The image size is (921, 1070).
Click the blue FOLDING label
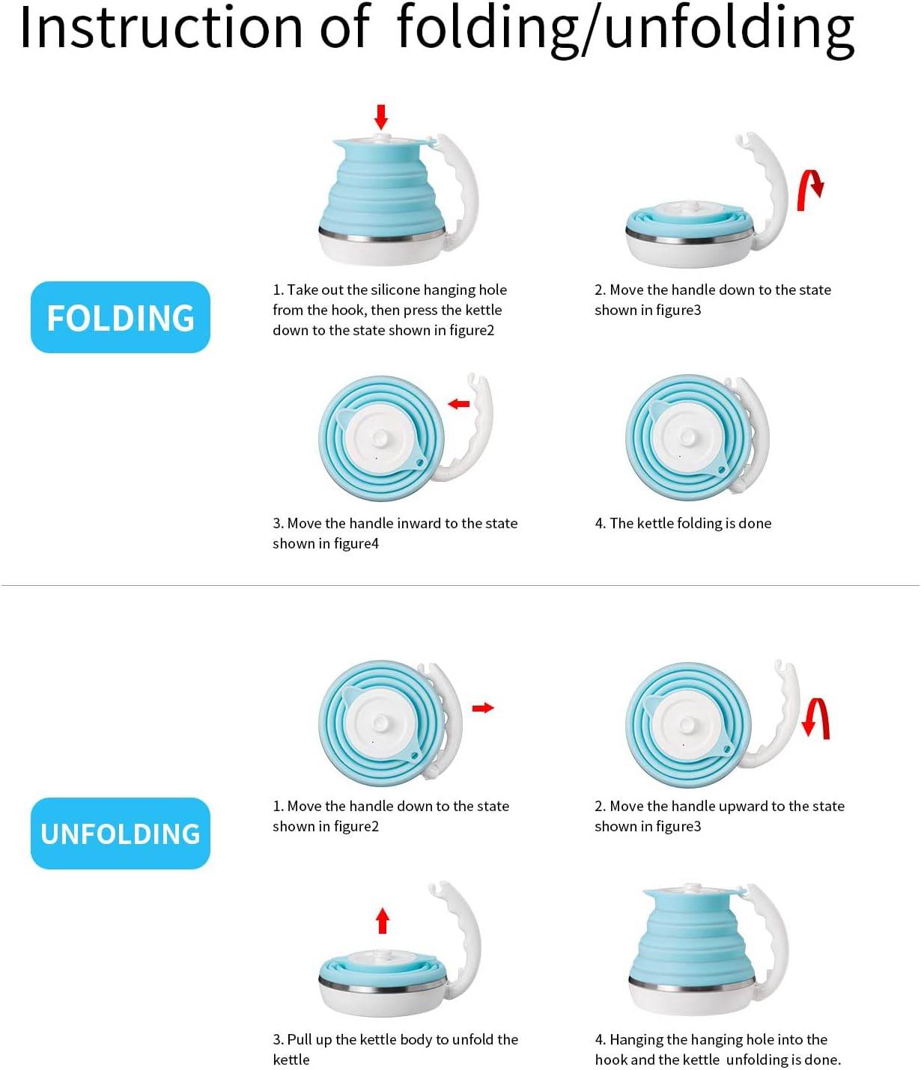120,317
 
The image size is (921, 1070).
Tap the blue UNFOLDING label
120,834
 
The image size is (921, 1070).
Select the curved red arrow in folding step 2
809,189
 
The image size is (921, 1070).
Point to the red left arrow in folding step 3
458,404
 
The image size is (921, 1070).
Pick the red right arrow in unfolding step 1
483,708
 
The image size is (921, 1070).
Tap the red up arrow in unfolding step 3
383,920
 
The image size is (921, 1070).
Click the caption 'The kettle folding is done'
683,524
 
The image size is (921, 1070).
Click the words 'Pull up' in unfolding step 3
309,1040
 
